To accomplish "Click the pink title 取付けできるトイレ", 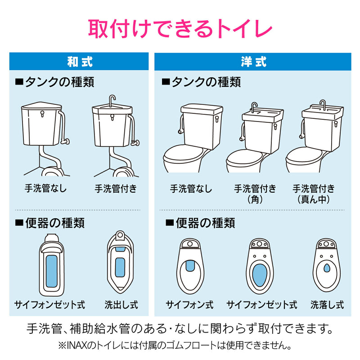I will point(180,28).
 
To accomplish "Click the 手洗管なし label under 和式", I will point(45,188).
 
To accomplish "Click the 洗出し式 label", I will point(121,305).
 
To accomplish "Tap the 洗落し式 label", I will point(327,305).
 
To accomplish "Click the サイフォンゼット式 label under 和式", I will point(49,305).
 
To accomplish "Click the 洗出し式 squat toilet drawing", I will point(120,262).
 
